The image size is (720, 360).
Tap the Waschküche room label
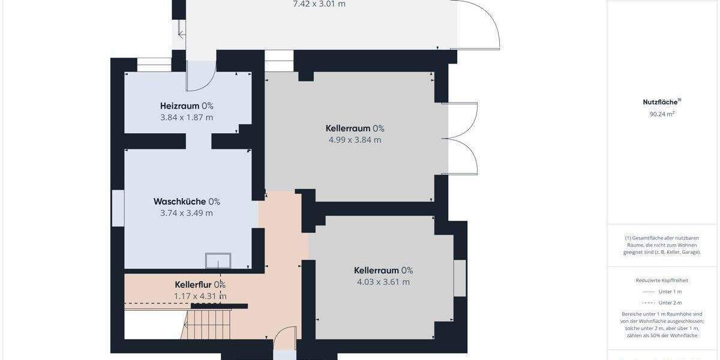point(179,202)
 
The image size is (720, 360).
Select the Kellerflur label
point(192,284)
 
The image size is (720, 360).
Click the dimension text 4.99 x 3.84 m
point(355,140)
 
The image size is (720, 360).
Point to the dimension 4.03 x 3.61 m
point(383,282)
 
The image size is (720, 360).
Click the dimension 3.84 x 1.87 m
point(187,118)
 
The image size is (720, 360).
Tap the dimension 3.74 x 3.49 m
point(187,213)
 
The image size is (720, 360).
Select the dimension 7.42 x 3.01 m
point(319,4)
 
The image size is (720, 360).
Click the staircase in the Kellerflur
point(206,323)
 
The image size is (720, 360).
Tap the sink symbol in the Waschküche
point(218,260)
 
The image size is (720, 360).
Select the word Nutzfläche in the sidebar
point(659,102)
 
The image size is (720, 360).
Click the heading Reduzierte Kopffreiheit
point(662,280)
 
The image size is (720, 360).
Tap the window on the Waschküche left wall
point(118,208)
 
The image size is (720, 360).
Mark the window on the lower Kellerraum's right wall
point(460,278)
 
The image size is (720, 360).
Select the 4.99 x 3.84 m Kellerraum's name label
point(348,128)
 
